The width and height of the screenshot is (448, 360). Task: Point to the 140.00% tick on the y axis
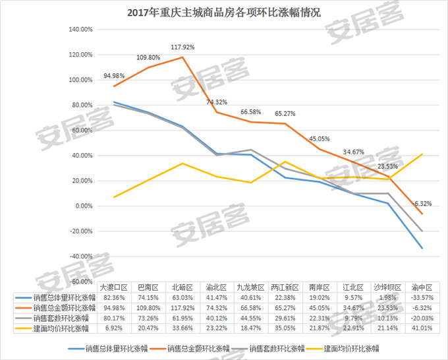(79, 30)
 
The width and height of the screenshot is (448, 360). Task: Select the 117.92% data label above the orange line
(183, 47)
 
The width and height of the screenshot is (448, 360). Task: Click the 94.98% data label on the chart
(115, 75)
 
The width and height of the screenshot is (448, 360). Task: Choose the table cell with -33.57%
(422, 299)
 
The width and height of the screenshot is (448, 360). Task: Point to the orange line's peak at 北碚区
(183, 57)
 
